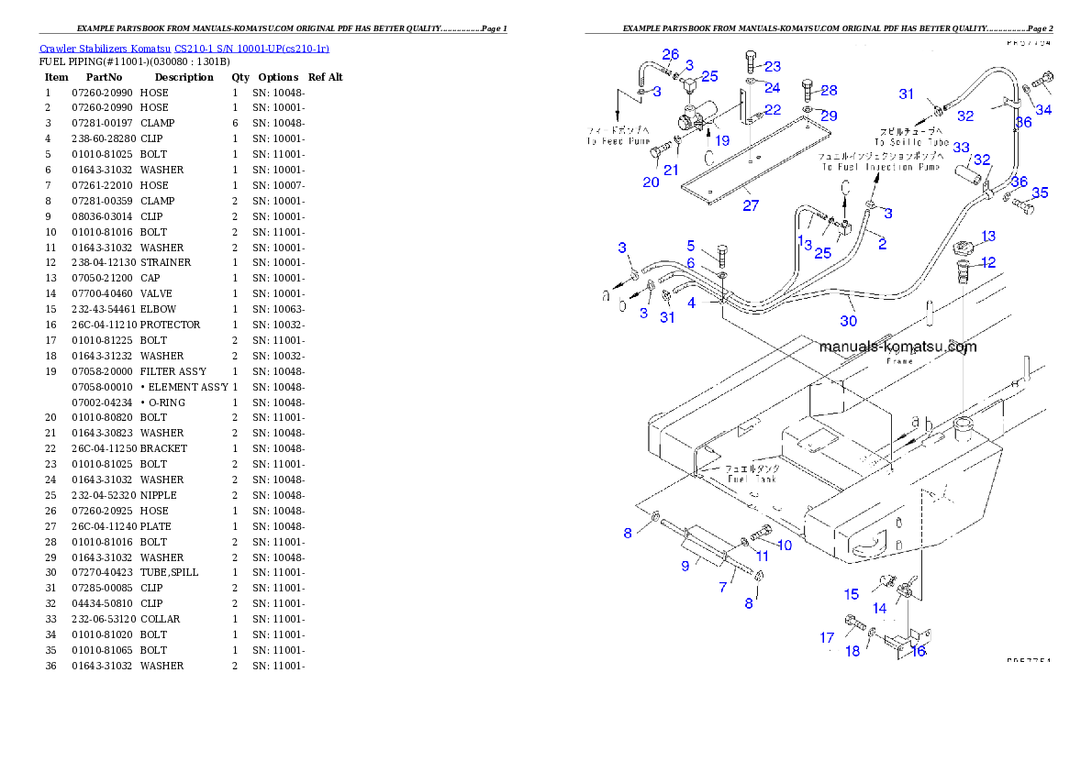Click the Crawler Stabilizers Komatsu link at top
point(184,49)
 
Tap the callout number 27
point(751,205)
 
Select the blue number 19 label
point(722,140)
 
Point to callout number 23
point(773,66)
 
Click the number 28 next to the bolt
point(829,90)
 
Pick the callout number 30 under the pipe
point(848,321)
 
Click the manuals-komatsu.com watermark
point(897,347)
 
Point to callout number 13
point(987,237)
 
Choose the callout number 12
point(987,262)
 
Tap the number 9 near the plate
point(685,566)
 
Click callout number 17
point(827,637)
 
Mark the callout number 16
point(917,651)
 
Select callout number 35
point(1040,193)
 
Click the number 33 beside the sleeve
point(961,147)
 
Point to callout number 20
point(651,182)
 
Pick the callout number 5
point(691,245)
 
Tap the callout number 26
point(671,55)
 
